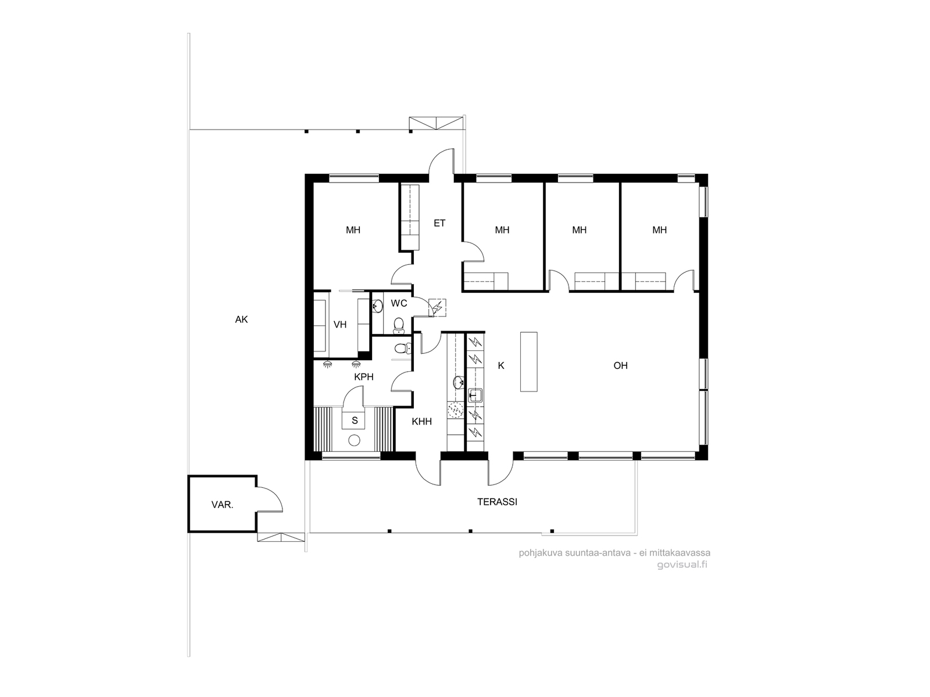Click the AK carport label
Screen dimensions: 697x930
coord(241,319)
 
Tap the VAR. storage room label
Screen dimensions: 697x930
coord(222,505)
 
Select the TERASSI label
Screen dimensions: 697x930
coord(497,502)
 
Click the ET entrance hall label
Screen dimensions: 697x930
coord(439,223)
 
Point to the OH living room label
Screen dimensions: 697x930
coord(620,365)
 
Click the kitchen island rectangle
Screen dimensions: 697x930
coord(528,361)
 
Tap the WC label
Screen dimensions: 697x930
coord(399,303)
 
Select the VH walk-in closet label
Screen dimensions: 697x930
coord(340,325)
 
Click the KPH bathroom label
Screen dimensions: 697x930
coord(363,377)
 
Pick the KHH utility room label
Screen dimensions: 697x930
coord(421,422)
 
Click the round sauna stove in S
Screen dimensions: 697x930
coord(354,440)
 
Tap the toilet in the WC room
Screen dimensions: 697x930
coord(399,324)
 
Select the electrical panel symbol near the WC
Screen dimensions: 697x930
coord(437,308)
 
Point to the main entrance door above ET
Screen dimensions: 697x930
coord(442,163)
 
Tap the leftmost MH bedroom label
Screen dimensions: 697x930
coord(353,230)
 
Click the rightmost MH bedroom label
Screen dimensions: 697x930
coord(659,230)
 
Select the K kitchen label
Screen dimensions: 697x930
coord(501,365)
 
